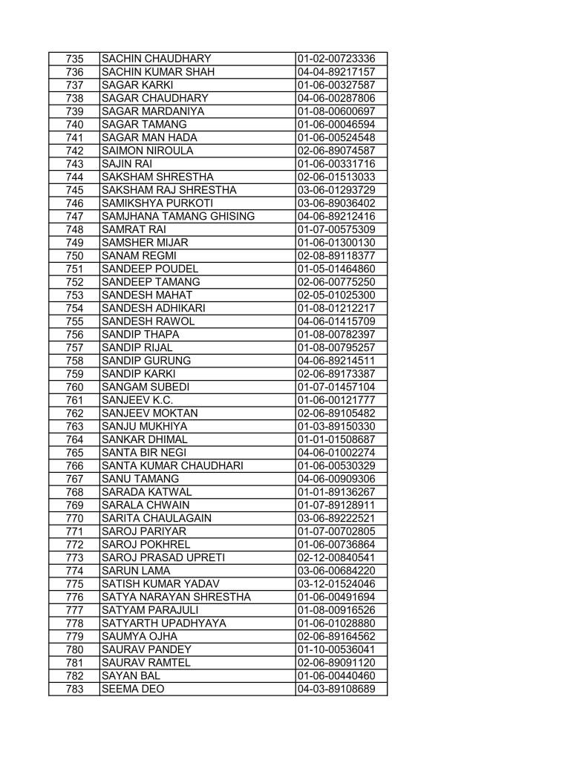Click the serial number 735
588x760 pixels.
[x=73, y=59]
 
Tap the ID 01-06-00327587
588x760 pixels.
[x=336, y=85]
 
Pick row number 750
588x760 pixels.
[x=73, y=255]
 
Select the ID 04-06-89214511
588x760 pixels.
[x=336, y=360]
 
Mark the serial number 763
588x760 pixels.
[x=73, y=426]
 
